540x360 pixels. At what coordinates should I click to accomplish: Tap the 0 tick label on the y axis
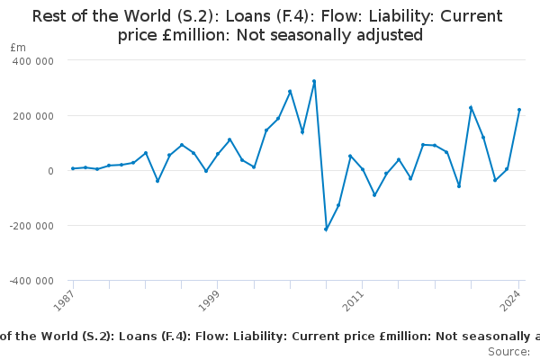tap(51, 170)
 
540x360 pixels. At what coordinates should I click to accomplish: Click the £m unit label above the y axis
tap(18, 47)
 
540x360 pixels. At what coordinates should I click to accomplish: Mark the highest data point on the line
tap(314, 81)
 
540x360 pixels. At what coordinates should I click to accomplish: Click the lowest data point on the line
tap(326, 229)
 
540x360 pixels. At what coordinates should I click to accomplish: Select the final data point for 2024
tap(519, 110)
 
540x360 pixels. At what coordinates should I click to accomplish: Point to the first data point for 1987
tap(73, 168)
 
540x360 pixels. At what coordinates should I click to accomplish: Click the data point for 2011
tap(363, 169)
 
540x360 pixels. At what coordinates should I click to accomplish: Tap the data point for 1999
tap(218, 154)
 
